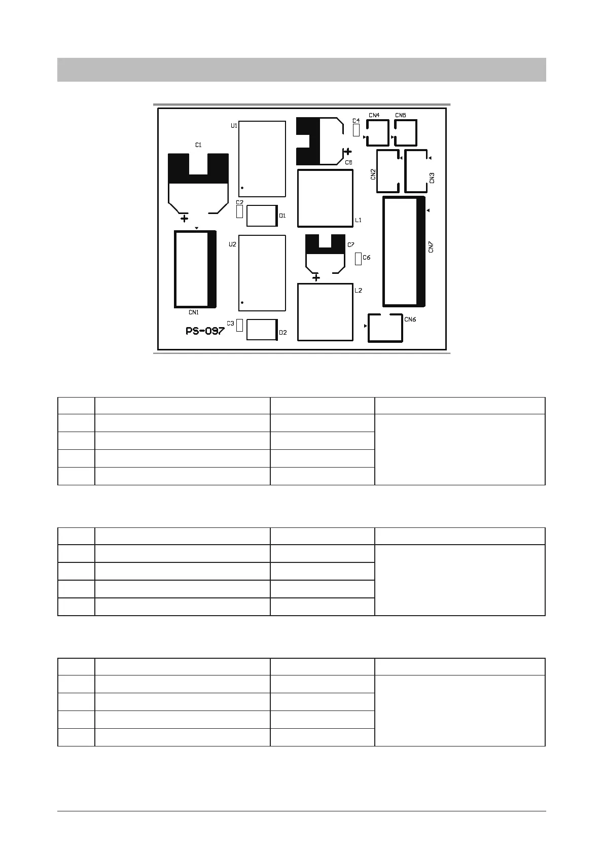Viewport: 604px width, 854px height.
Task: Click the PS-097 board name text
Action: pos(205,331)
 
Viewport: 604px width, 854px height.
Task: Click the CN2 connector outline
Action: pos(377,171)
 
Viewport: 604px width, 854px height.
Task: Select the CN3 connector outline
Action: pos(405,171)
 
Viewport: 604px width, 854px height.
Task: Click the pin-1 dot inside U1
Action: pos(242,188)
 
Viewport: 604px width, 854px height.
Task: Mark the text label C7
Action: pos(351,245)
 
